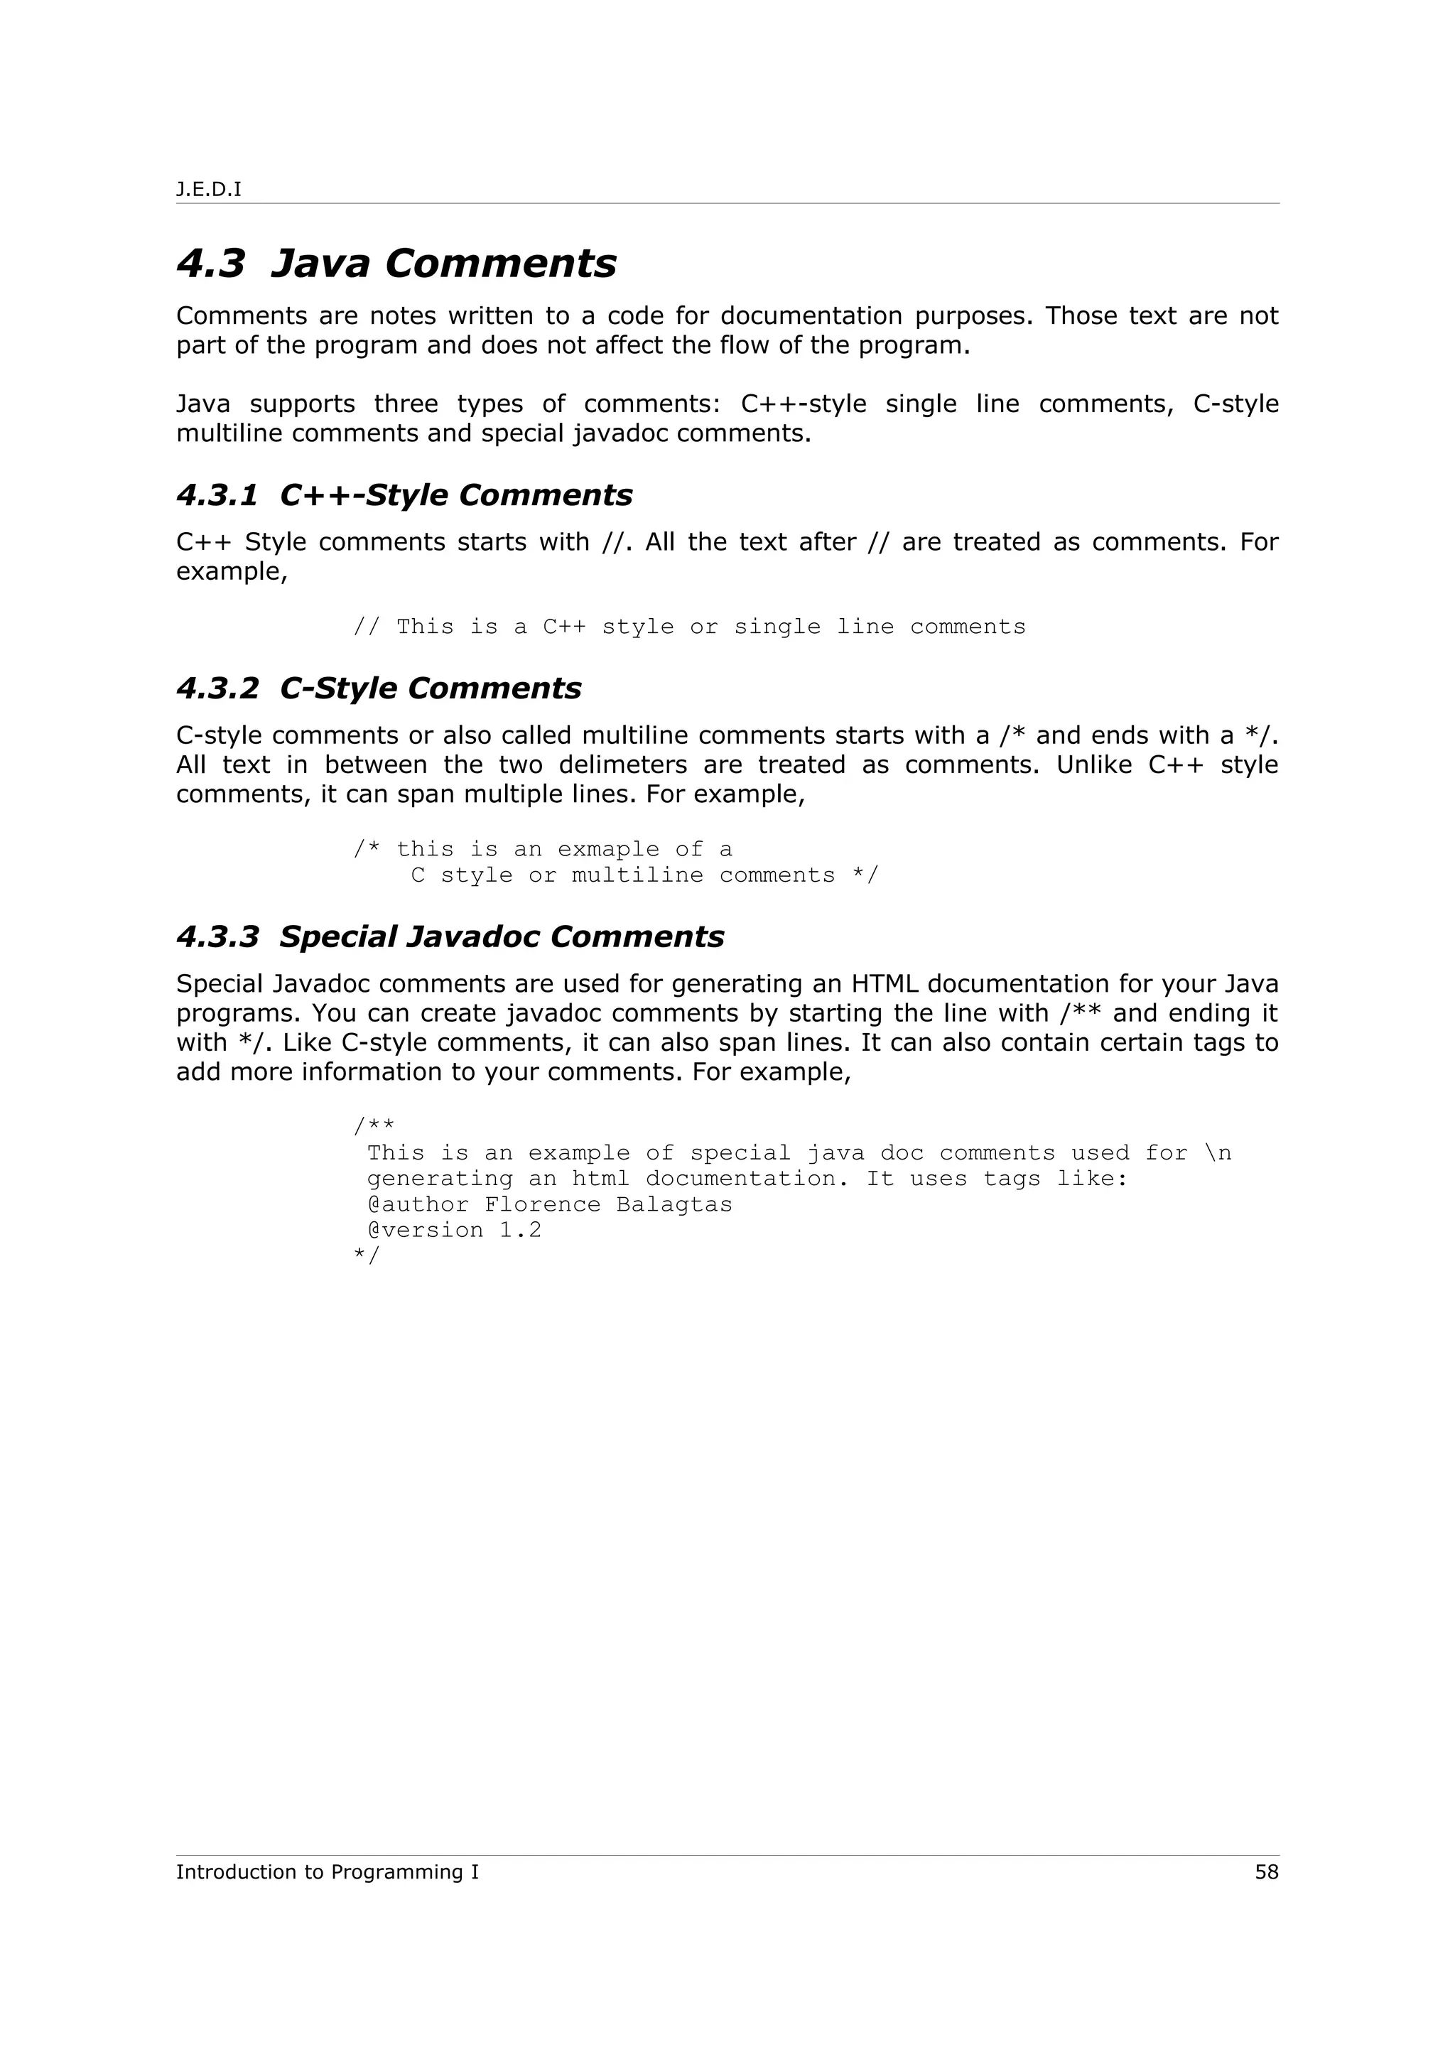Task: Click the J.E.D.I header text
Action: pyautogui.click(x=208, y=189)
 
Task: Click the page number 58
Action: pyautogui.click(x=1266, y=1871)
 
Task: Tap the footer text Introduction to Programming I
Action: pyautogui.click(x=328, y=1871)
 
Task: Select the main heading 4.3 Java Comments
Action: pyautogui.click(x=396, y=264)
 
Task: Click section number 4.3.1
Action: pyautogui.click(x=217, y=495)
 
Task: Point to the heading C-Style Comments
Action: pyautogui.click(x=431, y=688)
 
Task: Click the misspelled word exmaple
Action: pyautogui.click(x=609, y=849)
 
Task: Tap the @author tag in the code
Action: pyautogui.click(x=418, y=1204)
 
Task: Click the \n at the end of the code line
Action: pyautogui.click(x=1218, y=1153)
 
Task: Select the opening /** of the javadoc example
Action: pyautogui.click(x=374, y=1125)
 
